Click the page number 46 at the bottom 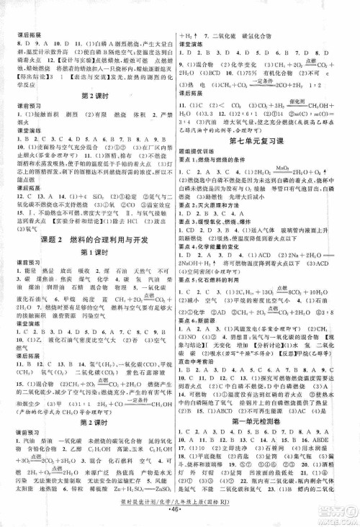(x=179, y=517)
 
